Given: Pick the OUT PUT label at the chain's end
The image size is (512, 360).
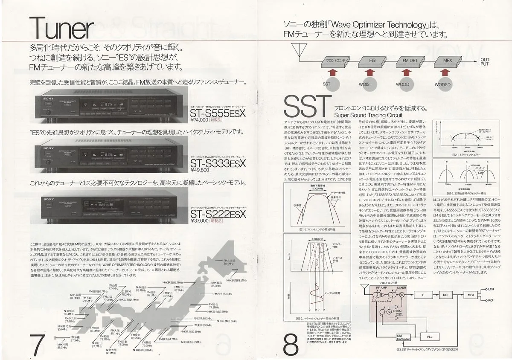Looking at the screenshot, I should pos(485,62).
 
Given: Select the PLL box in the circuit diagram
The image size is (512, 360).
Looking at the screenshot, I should pos(429,337).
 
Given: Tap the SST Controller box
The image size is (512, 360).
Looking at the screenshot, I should pos(403,337).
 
